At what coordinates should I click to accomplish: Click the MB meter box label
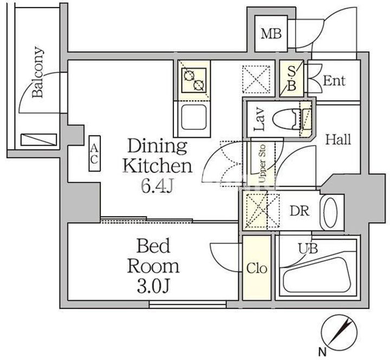coord(271,34)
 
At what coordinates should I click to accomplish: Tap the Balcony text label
coord(37,72)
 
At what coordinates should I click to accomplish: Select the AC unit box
coord(94,153)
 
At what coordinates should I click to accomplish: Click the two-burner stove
coord(194,80)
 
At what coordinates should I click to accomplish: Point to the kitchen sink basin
coord(194,117)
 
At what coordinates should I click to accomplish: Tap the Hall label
coord(338,140)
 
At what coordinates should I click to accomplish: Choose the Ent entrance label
coord(334,81)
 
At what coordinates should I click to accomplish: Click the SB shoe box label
coord(292,79)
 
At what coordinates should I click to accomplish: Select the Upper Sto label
coord(262,164)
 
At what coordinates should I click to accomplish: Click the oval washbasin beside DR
coord(330,213)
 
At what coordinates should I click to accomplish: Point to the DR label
coord(300,211)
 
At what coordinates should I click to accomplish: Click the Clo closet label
coord(257,268)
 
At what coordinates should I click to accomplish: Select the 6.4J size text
coord(157,186)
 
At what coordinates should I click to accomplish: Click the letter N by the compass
coord(322,352)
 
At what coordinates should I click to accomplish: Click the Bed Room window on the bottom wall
coord(188,304)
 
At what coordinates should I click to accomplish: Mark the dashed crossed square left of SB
coord(256,79)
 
